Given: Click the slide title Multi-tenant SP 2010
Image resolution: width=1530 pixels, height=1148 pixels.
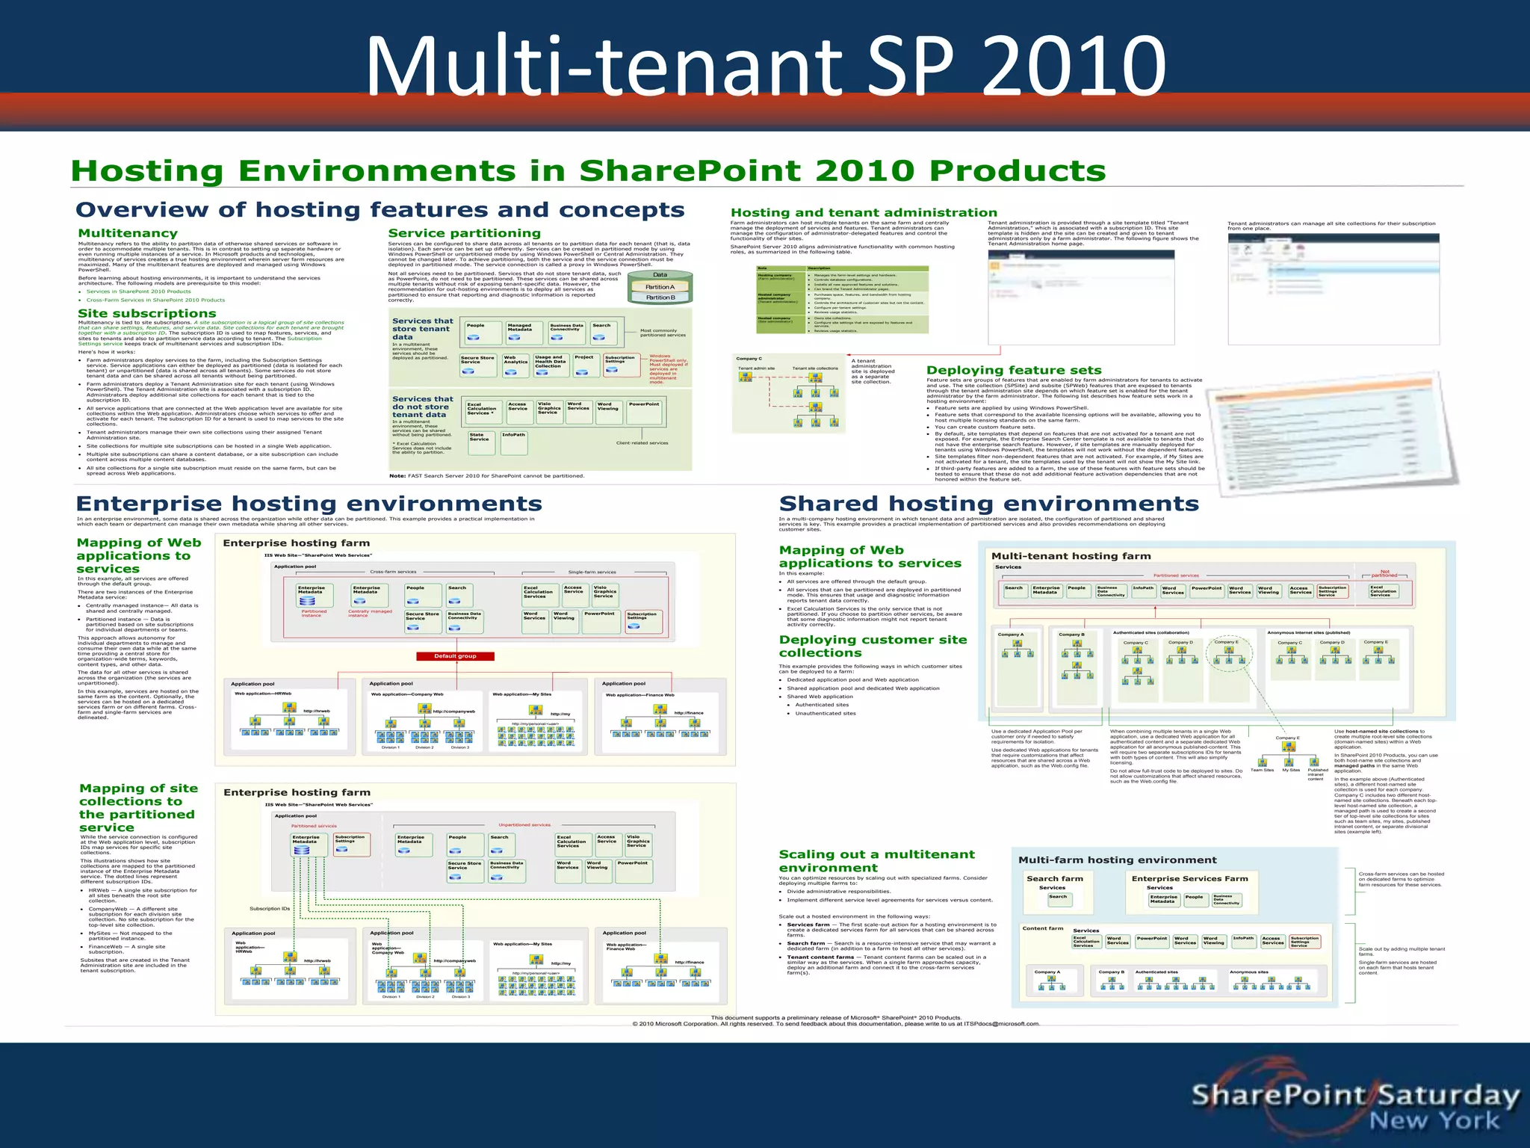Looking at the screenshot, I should [765, 66].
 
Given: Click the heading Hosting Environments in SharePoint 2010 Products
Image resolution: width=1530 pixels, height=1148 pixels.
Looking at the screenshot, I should [588, 171].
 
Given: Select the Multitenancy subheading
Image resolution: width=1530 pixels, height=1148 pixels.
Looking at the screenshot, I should [128, 233].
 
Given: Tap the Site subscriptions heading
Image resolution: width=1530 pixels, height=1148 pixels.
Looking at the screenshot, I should [147, 313].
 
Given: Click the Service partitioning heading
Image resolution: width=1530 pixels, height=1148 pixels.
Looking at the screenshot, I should [464, 233].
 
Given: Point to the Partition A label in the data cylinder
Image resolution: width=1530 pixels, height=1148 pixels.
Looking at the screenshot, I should [660, 287].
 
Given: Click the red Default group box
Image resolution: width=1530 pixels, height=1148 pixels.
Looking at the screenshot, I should [455, 656].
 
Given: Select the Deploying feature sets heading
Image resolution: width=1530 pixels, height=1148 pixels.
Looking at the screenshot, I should [1014, 370].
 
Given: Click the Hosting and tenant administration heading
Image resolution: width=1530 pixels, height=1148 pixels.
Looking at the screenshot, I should [864, 213].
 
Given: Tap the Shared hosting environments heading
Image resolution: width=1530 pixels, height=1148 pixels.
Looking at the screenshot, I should [988, 504].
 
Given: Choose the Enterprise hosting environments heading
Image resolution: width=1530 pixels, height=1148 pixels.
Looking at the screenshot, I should [309, 504].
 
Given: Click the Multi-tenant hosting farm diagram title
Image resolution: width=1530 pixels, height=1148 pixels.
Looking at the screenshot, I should [1071, 556].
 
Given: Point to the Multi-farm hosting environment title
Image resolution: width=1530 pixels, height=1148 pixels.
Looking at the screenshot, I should [1117, 860].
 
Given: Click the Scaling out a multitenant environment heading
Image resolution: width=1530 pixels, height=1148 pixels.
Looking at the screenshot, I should [876, 861].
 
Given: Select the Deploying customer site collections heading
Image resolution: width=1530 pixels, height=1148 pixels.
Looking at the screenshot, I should [873, 646].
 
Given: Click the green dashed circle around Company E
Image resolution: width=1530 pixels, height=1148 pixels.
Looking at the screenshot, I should [1228, 655].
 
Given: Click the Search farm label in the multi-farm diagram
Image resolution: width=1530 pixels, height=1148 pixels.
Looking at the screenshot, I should [1054, 879].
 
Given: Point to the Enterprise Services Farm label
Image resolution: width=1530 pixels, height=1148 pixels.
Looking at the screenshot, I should [1189, 879].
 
